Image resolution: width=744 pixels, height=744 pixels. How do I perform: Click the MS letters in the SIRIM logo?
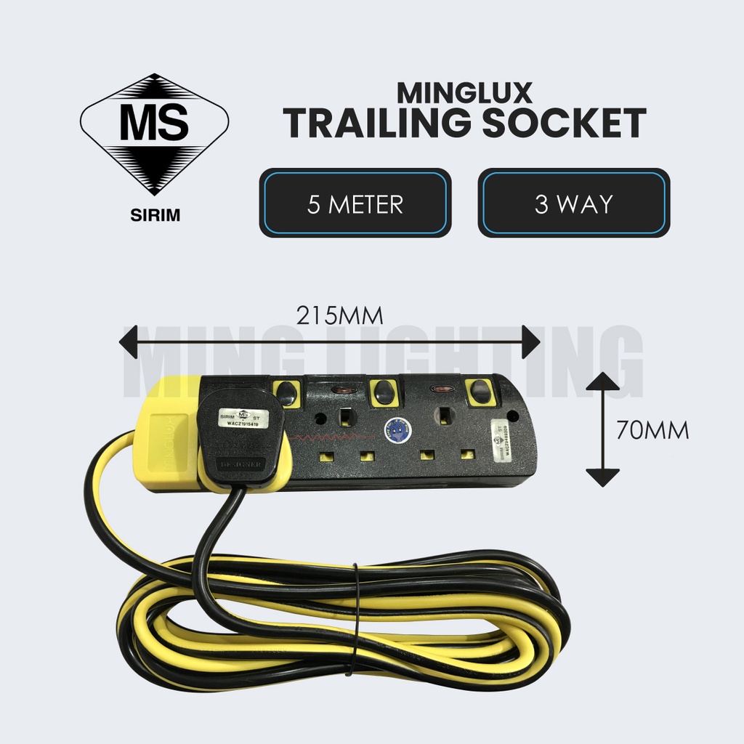tap(154, 124)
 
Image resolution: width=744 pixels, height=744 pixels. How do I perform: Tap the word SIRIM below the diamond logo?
tap(154, 216)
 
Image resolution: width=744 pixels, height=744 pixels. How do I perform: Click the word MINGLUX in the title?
tap(465, 92)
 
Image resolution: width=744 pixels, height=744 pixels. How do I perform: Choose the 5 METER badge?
tap(355, 203)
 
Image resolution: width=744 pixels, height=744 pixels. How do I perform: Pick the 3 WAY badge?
tap(574, 203)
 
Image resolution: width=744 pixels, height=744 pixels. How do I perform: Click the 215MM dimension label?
tap(339, 316)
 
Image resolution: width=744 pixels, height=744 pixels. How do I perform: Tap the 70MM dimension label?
tap(652, 430)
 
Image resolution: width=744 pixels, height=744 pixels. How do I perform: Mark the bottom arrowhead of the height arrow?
tap(602, 477)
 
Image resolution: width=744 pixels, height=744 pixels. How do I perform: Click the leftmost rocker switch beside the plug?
tap(288, 393)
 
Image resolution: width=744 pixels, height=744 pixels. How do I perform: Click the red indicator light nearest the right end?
tap(440, 390)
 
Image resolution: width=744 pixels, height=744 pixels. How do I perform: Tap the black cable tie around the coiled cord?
tap(354, 618)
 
